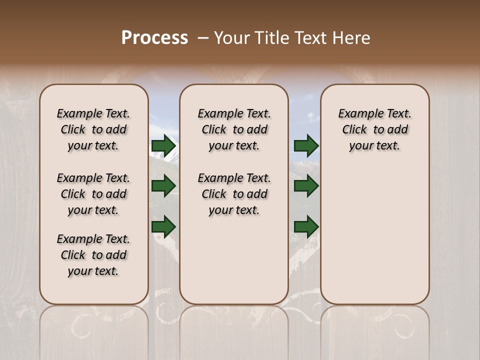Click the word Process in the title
click(154, 38)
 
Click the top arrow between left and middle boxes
click(163, 146)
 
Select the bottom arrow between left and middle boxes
click(163, 226)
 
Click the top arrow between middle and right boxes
click(306, 146)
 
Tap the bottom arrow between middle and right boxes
click(306, 226)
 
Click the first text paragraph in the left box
click(93, 129)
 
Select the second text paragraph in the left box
click(93, 194)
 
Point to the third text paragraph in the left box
click(93, 255)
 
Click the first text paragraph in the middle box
click(234, 129)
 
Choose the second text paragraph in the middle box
click(234, 194)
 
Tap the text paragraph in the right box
click(375, 129)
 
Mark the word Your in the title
click(232, 38)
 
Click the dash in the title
click(203, 38)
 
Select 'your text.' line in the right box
click(375, 146)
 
